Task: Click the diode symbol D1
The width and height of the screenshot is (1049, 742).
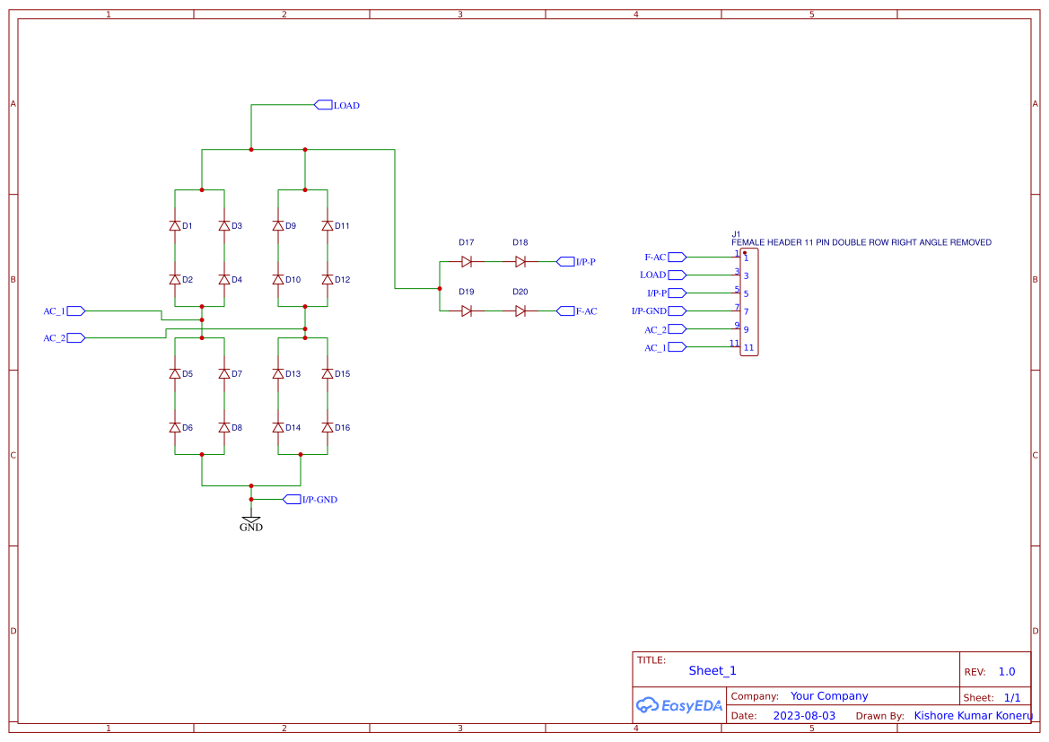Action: coord(175,226)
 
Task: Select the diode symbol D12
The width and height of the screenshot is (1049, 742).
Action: coord(328,280)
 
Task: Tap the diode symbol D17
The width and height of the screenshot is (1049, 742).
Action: coord(467,262)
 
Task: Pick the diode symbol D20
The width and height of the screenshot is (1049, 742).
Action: coord(520,311)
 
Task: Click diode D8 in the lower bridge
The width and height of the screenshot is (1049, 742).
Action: coord(224,428)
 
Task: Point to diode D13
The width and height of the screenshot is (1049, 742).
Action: coord(278,374)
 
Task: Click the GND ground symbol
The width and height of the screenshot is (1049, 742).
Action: coord(251,520)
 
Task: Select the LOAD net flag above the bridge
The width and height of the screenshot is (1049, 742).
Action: coord(323,105)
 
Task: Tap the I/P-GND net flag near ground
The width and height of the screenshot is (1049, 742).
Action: coord(292,500)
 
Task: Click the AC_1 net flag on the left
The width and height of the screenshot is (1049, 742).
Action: coord(76,311)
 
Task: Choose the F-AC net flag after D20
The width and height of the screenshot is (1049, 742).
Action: coord(565,311)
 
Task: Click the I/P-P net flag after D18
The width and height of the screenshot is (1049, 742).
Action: coord(565,262)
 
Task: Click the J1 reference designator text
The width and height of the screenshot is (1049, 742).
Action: coord(736,234)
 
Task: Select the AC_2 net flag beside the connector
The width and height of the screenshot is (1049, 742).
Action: coord(677,329)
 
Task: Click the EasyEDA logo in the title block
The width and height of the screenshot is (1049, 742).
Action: coord(679,705)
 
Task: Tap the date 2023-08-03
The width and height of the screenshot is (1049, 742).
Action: coord(804,716)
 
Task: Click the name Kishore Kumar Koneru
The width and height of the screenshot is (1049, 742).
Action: coord(973,716)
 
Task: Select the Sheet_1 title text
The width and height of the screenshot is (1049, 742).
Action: coord(712,670)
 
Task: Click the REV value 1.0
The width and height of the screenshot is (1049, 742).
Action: coord(1007,671)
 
